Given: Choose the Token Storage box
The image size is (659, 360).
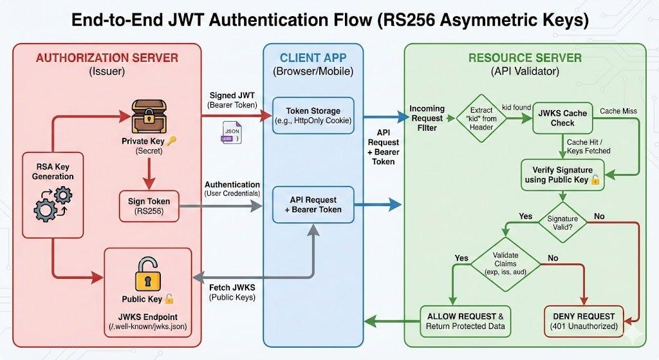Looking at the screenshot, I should pyautogui.click(x=313, y=116).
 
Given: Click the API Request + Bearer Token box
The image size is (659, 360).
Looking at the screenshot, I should pyautogui.click(x=313, y=204).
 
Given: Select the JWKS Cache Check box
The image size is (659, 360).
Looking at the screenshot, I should pyautogui.click(x=562, y=118).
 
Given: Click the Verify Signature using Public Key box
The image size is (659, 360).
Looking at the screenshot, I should pyautogui.click(x=562, y=174).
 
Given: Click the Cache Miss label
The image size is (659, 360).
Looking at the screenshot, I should pyautogui.click(x=618, y=111).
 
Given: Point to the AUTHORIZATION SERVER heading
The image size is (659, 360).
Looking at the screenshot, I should pyautogui.click(x=107, y=59).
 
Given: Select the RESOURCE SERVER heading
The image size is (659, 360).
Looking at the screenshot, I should pyautogui.click(x=524, y=59).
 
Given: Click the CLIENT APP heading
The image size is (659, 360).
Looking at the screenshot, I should pyautogui.click(x=313, y=59).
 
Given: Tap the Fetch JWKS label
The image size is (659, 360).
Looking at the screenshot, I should pyautogui.click(x=232, y=287).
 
